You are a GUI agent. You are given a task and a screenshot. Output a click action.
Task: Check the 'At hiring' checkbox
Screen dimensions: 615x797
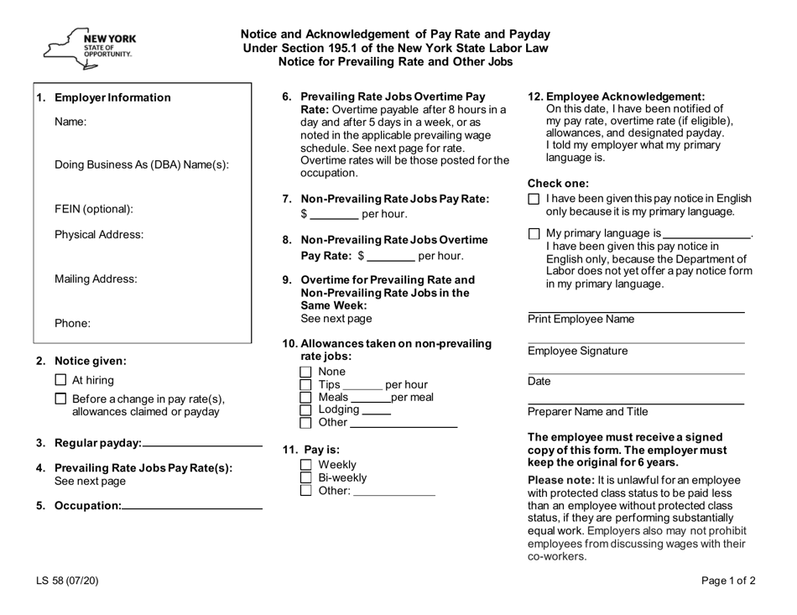pos(60,380)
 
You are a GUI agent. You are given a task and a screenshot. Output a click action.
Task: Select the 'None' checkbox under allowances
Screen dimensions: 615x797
pos(306,372)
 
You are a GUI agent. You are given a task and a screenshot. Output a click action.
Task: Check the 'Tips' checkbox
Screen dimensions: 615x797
pos(306,384)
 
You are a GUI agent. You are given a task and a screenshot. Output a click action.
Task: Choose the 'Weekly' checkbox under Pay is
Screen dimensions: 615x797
pos(306,465)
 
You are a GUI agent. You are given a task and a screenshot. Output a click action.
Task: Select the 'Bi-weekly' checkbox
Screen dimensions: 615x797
pos(306,477)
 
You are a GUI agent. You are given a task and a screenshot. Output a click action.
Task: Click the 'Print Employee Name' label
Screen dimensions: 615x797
pos(581,320)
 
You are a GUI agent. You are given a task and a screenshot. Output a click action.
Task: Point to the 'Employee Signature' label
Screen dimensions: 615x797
pos(577,351)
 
